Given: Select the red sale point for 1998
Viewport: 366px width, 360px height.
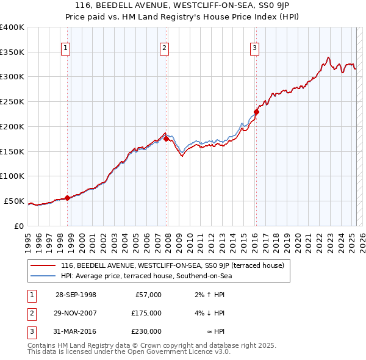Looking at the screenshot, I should [x=68, y=197].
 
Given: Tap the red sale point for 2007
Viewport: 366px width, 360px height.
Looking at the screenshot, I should [x=167, y=139].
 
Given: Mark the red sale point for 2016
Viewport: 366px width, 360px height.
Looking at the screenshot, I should [x=257, y=112].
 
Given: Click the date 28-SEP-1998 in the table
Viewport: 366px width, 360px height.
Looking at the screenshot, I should [x=76, y=295].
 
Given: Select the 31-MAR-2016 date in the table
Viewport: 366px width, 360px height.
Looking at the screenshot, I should [x=76, y=331].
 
